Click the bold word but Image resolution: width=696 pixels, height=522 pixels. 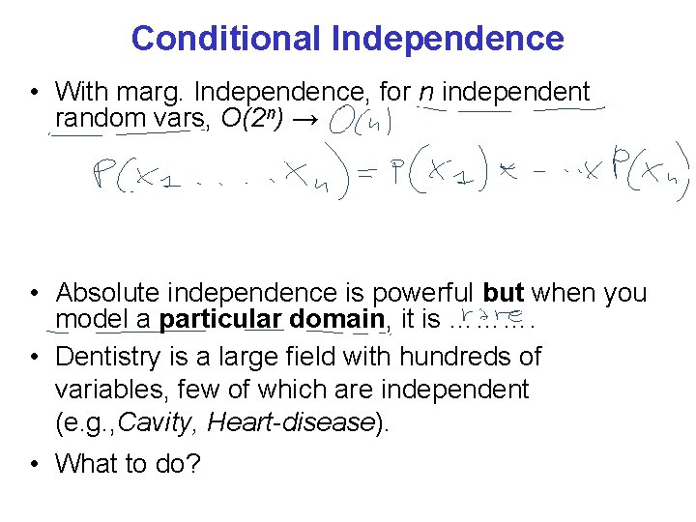point(503,293)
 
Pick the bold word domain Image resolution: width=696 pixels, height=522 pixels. point(337,319)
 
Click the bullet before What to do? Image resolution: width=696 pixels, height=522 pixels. point(35,464)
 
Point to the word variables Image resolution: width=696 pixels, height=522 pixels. point(109,390)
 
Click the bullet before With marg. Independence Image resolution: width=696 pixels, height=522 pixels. point(35,93)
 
